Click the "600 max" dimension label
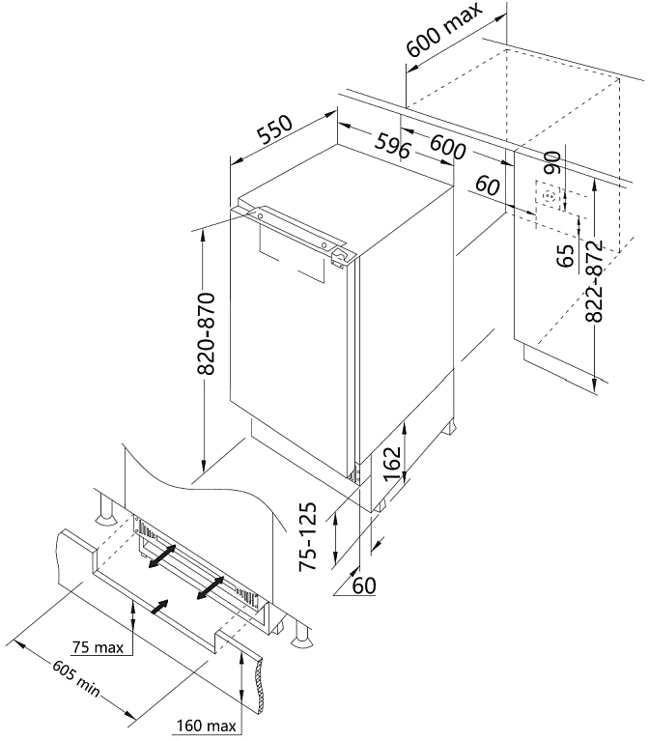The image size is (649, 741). click(x=444, y=30)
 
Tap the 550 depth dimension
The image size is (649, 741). click(x=275, y=129)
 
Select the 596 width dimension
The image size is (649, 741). click(x=392, y=146)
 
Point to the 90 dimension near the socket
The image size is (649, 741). click(x=552, y=162)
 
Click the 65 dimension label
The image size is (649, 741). click(x=565, y=256)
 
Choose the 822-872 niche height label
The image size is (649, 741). click(x=594, y=281)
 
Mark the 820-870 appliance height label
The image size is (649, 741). click(x=206, y=333)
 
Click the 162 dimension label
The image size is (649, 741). click(x=392, y=463)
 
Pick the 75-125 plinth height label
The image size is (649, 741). click(x=307, y=536)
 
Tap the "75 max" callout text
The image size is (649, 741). click(x=99, y=647)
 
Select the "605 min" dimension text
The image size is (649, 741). click(x=76, y=679)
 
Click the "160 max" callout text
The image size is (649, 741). click(x=206, y=726)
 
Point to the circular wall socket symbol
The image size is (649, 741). click(x=550, y=196)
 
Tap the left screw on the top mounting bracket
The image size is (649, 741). click(x=260, y=215)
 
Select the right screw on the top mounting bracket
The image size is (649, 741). click(x=324, y=244)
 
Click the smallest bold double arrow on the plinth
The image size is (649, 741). click(x=159, y=607)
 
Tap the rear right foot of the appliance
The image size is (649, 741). click(x=449, y=427)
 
